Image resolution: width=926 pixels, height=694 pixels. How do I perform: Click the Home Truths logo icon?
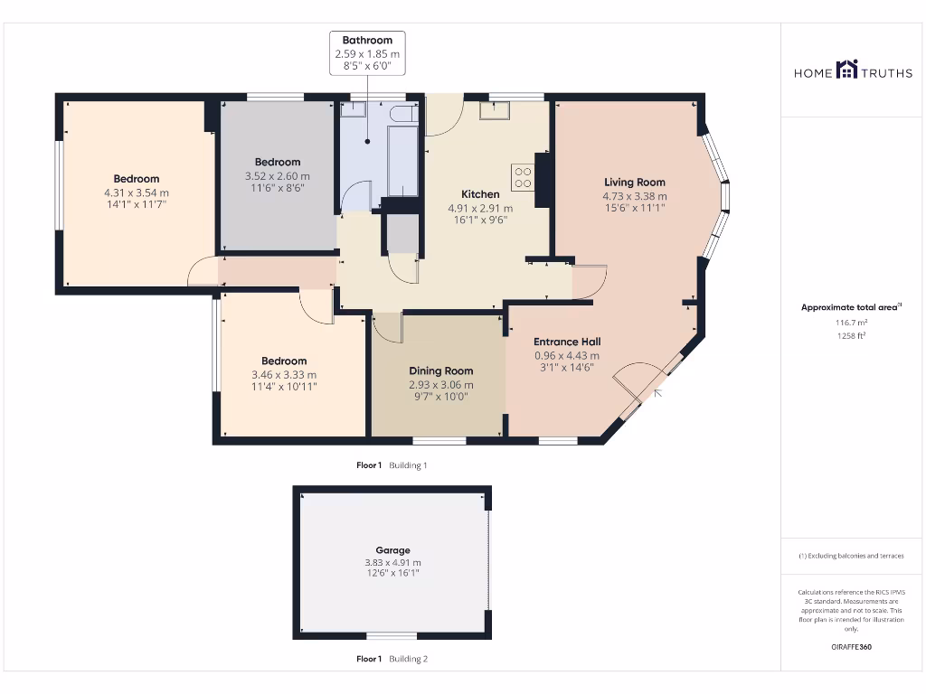click(x=846, y=70)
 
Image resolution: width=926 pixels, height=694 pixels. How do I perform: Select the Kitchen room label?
click(x=480, y=194)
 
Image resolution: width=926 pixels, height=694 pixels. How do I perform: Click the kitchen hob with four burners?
click(x=523, y=176)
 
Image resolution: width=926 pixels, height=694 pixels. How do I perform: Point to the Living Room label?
click(x=635, y=183)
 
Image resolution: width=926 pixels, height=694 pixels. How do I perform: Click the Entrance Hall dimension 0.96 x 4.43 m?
click(x=567, y=355)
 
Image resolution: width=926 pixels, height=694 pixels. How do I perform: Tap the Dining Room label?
click(x=440, y=370)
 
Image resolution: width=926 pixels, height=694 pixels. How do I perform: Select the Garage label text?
click(x=392, y=549)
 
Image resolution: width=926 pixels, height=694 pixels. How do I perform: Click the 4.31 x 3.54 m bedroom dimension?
click(x=137, y=192)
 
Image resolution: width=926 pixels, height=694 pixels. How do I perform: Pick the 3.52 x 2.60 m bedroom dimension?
click(x=277, y=176)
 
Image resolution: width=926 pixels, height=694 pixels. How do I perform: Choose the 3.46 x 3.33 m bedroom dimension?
click(x=284, y=374)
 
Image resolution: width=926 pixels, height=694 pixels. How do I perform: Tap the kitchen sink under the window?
click(x=495, y=110)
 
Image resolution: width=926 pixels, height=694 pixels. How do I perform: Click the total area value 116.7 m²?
click(x=850, y=322)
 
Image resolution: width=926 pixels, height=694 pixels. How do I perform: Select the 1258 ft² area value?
click(x=850, y=335)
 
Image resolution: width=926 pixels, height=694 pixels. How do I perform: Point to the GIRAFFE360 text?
click(x=850, y=647)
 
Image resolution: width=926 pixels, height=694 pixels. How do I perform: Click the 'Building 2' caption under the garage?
click(x=408, y=659)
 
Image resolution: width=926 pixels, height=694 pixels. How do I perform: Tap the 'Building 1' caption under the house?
click(x=408, y=465)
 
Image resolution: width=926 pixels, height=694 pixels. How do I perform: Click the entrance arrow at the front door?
click(x=657, y=392)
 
